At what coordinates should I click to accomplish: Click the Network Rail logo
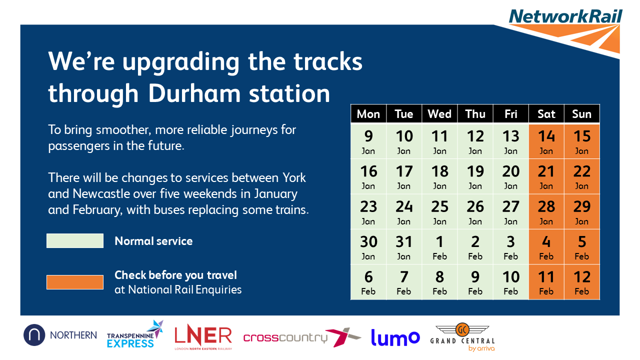565,31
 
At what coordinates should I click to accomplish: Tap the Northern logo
60,335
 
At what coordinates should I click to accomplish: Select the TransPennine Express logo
135,334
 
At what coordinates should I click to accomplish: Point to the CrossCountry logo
302,337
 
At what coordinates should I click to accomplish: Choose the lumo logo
395,337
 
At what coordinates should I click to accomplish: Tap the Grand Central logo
462,337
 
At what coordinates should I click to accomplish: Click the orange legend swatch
75,282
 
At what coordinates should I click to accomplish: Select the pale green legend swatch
75,240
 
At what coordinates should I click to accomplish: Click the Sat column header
546,114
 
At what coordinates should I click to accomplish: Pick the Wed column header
439,114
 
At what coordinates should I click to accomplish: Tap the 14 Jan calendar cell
546,141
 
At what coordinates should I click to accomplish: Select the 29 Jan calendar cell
582,211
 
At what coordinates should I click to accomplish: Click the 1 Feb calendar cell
439,247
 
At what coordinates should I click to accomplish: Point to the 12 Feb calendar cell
582,282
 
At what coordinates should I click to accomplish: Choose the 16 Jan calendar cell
368,176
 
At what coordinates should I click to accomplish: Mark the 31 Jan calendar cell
404,247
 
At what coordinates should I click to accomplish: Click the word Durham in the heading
194,93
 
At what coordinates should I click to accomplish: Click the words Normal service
153,241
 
